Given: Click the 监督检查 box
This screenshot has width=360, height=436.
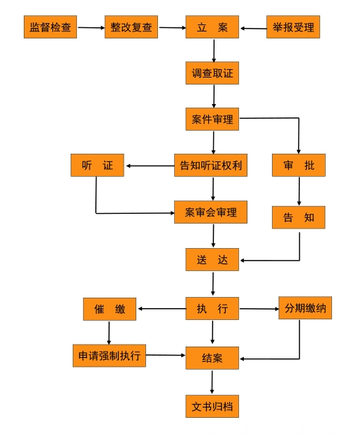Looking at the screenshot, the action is [50, 27].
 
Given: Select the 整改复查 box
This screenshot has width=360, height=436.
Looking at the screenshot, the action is [131, 27].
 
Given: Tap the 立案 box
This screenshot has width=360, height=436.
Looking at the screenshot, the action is [213, 27].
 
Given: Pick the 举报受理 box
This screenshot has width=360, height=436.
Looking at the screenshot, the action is [293, 27].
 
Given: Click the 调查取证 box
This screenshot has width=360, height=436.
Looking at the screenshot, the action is [213, 73].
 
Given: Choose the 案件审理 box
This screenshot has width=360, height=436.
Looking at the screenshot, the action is [213, 119].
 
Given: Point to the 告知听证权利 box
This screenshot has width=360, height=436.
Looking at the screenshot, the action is [210, 165].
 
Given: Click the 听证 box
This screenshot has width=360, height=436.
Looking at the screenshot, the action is [97, 165].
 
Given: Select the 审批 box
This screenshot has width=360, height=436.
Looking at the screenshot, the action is [298, 165].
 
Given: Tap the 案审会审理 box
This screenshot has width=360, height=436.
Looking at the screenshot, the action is [210, 212].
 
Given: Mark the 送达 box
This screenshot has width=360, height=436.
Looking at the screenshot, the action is [213, 259].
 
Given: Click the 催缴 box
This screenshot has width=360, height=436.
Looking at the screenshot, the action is [110, 309].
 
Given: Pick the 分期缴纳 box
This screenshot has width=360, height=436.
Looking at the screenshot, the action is [305, 308].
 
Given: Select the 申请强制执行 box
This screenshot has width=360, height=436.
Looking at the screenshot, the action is [109, 356].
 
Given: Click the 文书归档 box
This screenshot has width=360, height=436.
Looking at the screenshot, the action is [213, 406].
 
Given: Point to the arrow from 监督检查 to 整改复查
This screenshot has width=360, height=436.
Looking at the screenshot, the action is [92, 27].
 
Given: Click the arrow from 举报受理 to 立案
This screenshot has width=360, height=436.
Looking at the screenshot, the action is [254, 29].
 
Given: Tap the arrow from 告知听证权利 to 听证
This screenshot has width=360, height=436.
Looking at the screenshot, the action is [150, 166].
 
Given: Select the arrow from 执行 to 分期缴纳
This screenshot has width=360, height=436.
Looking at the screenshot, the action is [259, 309].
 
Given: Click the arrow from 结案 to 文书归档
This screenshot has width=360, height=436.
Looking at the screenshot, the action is [212, 382].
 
